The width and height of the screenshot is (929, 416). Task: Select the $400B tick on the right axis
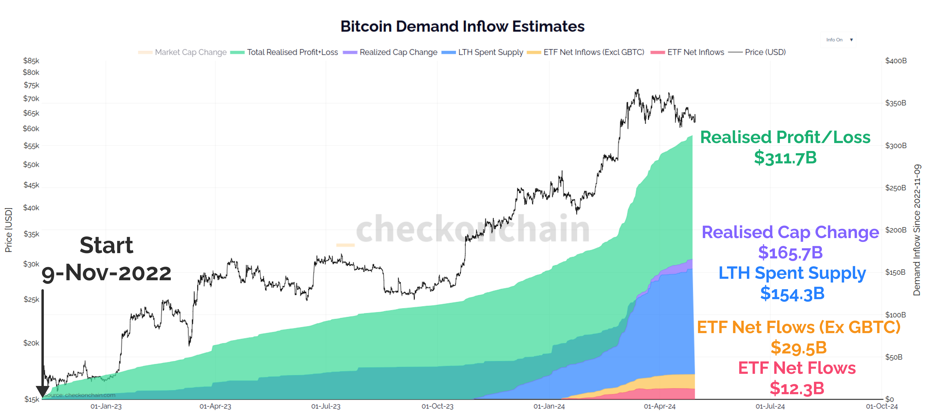[896, 61]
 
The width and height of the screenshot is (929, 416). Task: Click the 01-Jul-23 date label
[326, 406]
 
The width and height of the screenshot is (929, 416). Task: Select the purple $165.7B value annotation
[790, 252]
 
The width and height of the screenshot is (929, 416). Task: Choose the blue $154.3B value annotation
[792, 294]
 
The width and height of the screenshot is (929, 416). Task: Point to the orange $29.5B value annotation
[798, 348]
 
